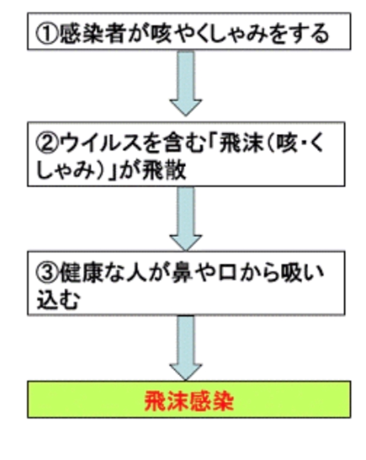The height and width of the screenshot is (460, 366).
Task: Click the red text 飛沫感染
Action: tap(189, 401)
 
